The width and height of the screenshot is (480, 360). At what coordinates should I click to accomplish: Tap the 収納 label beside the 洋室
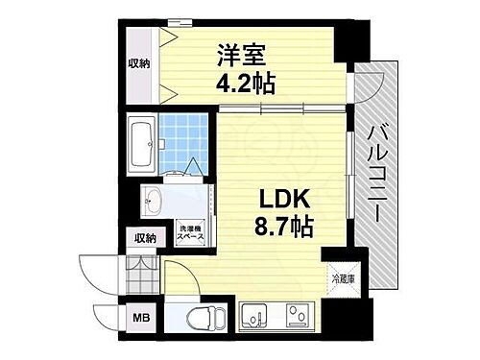[138, 63]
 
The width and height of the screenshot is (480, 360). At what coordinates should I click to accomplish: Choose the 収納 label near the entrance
[145, 238]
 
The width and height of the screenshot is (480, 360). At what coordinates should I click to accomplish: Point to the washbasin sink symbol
[154, 202]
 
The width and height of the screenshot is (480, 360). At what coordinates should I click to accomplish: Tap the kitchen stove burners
[298, 313]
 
